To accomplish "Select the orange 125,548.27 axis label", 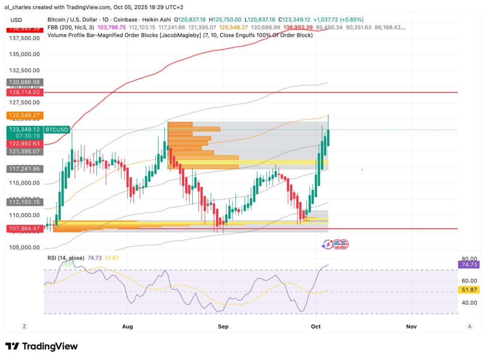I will pos(23,115).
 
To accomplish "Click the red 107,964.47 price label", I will pos(23,228).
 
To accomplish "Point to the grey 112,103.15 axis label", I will pos(23,202).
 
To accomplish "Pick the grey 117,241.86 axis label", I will pos(23,169).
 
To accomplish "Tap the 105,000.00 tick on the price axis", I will pos(25,247).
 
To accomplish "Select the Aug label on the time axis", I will pos(127,327).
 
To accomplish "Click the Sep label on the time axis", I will pos(223,327).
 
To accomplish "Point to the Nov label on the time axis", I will pos(411,327).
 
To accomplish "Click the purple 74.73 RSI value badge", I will pos(468,265).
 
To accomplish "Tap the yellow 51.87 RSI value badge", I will pos(468,290).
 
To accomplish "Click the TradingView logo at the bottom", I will pos(41,346).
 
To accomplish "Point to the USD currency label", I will pos(17,20).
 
